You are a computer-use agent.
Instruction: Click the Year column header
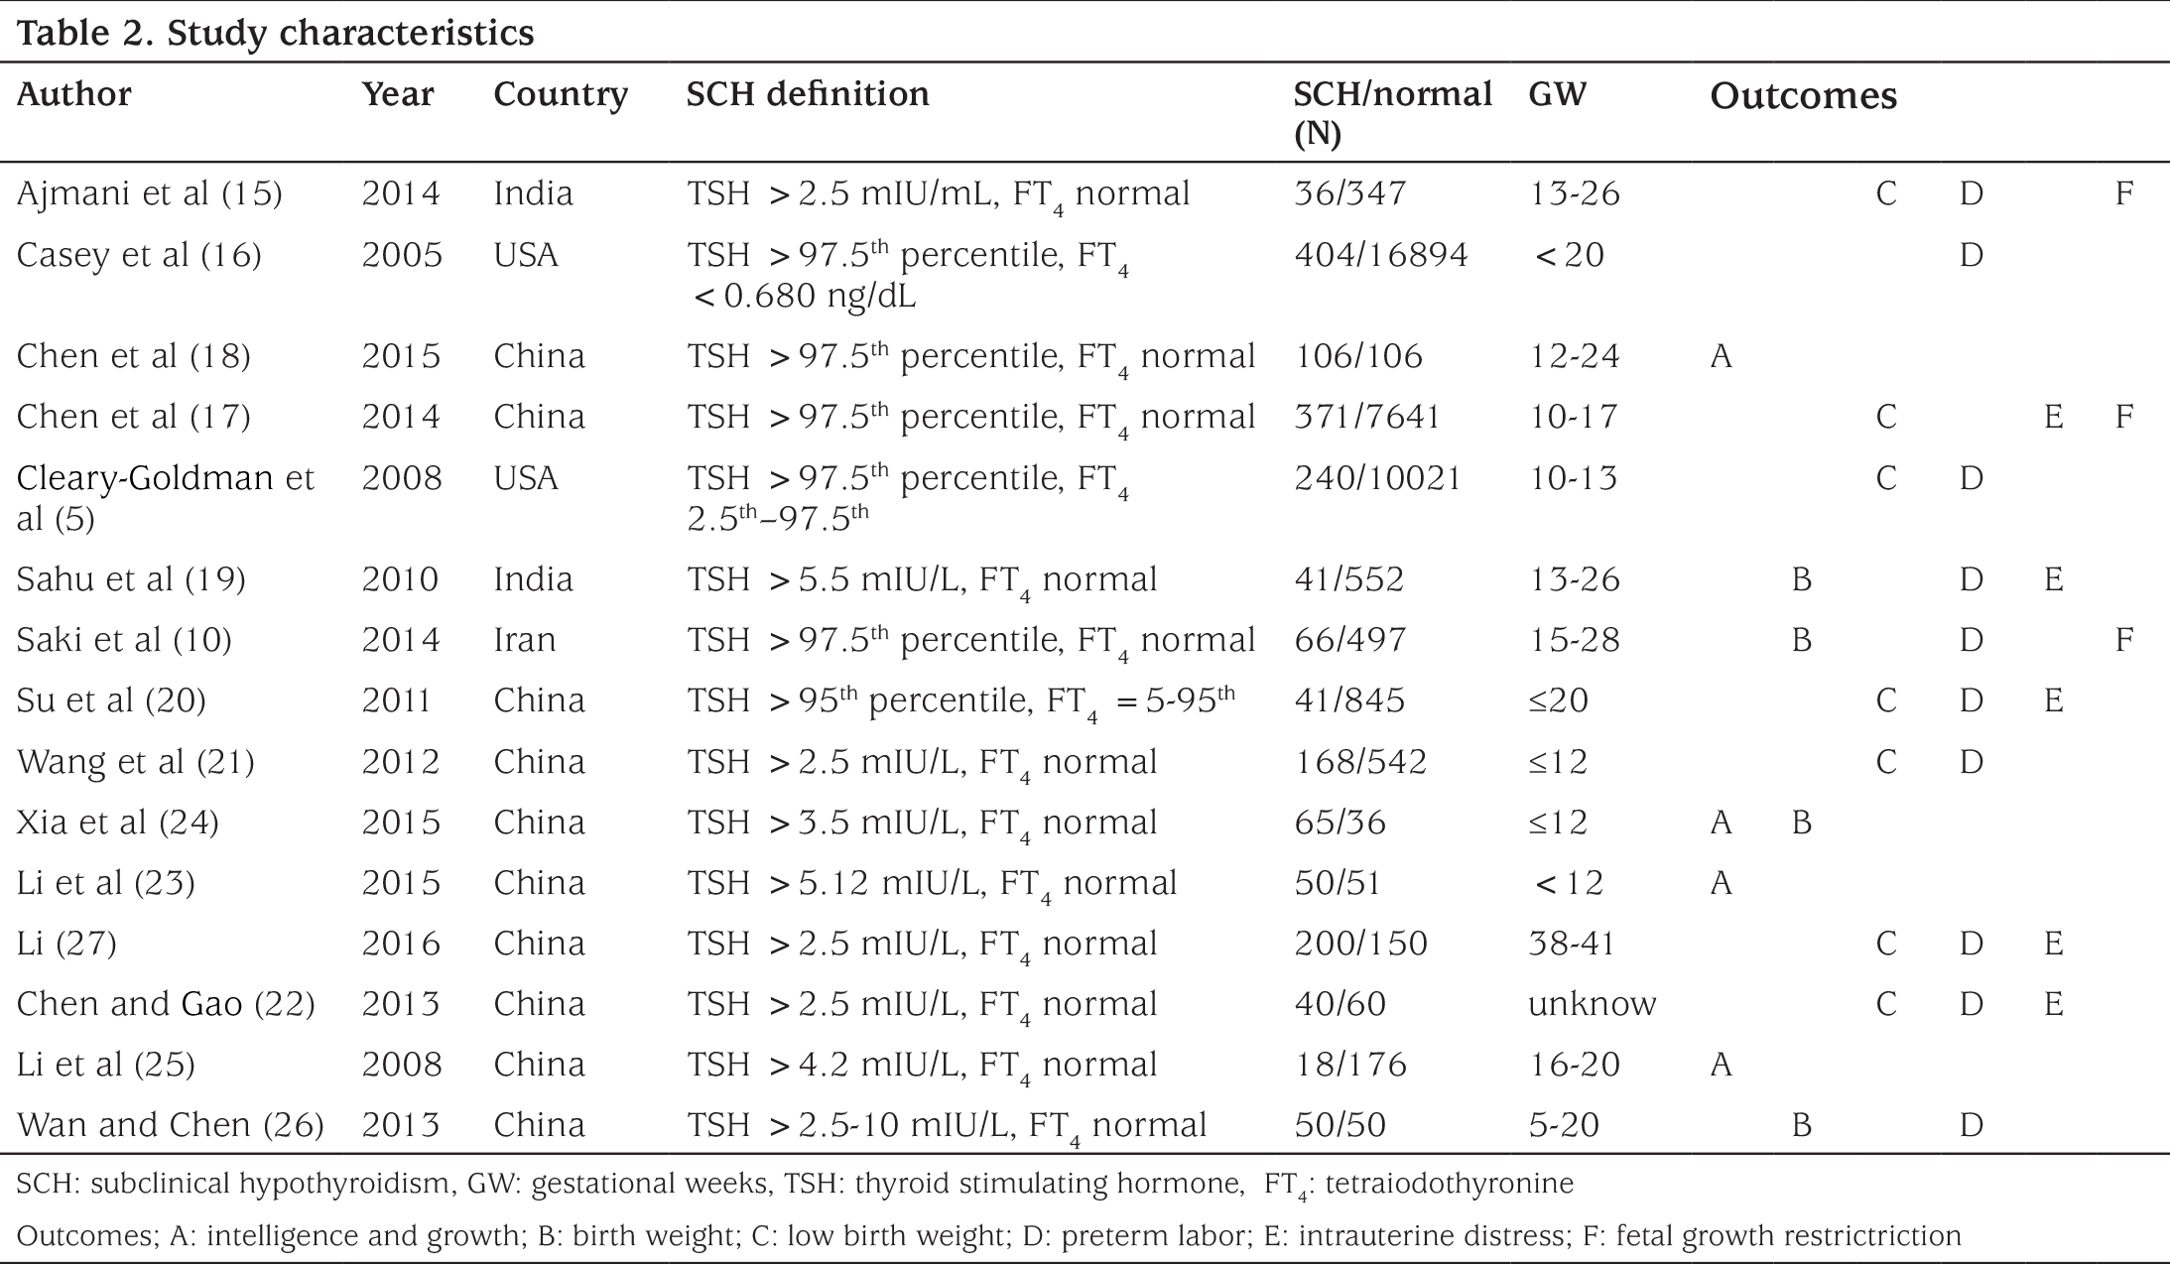click(x=398, y=94)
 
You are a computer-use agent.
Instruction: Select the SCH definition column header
click(x=808, y=94)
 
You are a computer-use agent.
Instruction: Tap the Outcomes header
click(x=1804, y=95)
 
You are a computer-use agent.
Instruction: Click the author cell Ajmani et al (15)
click(x=150, y=192)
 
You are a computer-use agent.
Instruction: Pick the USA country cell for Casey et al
click(x=526, y=255)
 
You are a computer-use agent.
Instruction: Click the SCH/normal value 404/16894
click(x=1380, y=255)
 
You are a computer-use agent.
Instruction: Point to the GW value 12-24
click(x=1575, y=355)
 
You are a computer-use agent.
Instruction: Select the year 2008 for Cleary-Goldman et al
click(x=402, y=478)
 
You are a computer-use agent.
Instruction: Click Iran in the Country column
click(x=525, y=639)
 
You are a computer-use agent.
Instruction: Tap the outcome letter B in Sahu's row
click(x=1802, y=579)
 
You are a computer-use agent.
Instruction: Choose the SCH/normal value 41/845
click(x=1349, y=700)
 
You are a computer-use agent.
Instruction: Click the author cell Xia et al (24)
click(x=118, y=822)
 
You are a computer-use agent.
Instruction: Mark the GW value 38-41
click(x=1573, y=944)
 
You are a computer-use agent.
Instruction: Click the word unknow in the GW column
click(x=1593, y=1004)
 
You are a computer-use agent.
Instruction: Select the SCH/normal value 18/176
click(x=1350, y=1065)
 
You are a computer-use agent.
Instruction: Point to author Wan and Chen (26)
click(x=171, y=1125)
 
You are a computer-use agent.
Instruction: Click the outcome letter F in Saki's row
click(x=2124, y=639)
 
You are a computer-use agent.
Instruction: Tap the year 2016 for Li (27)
click(x=401, y=944)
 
